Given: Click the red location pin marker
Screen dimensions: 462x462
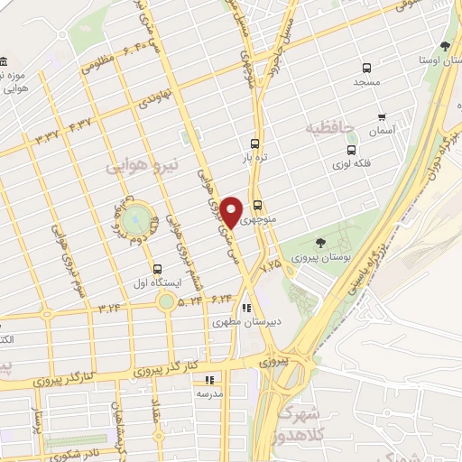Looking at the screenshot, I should click(232, 211).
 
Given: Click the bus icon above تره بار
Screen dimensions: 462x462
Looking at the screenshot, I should click(255, 143).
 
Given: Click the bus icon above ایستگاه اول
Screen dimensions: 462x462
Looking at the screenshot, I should click(158, 269).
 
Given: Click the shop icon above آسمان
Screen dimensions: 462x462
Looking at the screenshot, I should click(382, 117).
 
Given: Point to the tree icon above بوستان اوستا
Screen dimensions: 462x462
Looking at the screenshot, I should click(444, 46).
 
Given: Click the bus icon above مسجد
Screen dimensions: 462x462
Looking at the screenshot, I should click(366, 68).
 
